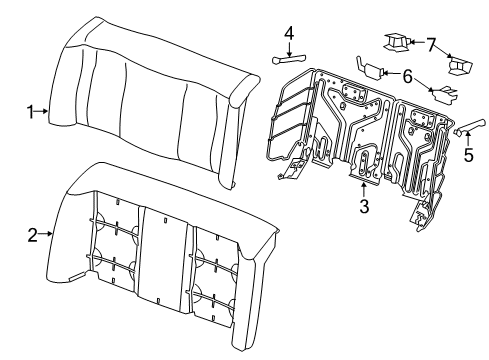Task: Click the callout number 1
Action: [x=30, y=112]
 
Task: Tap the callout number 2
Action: [x=32, y=234]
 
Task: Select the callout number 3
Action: [x=364, y=206]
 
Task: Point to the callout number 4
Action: [x=289, y=34]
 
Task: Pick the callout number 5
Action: [x=468, y=155]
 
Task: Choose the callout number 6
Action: [x=407, y=76]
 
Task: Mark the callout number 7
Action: [x=431, y=45]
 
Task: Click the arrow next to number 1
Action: [x=42, y=111]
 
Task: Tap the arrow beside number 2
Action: [x=45, y=234]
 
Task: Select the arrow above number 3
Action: [x=364, y=190]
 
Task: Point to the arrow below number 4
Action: [x=289, y=49]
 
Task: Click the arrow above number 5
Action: [x=468, y=139]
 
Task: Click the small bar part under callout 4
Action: [x=289, y=60]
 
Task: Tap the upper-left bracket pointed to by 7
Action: [x=396, y=43]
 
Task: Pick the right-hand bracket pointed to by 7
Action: [x=460, y=66]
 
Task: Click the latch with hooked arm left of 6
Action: [x=370, y=67]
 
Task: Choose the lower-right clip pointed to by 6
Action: [x=443, y=93]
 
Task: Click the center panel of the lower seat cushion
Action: [x=162, y=257]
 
